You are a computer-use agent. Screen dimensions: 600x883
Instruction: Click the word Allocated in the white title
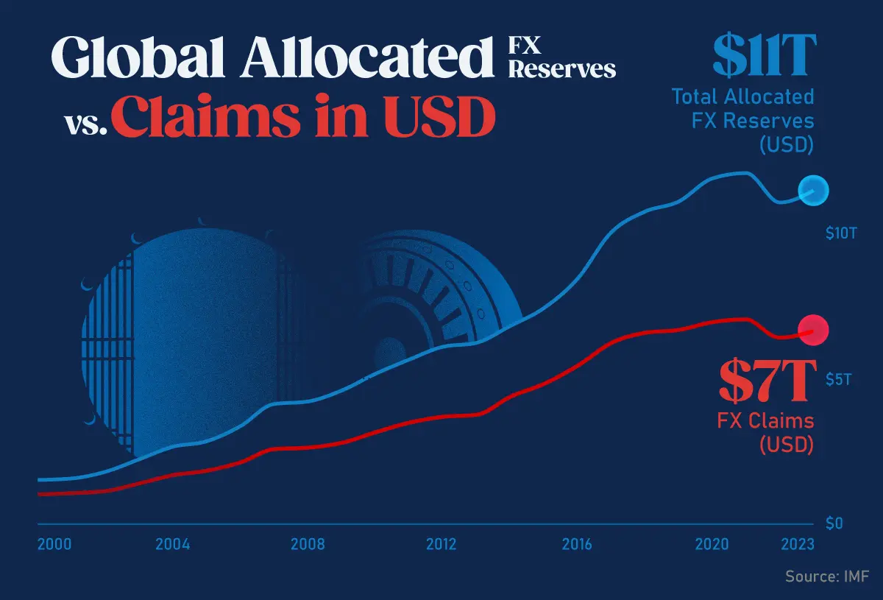pyautogui.click(x=365, y=57)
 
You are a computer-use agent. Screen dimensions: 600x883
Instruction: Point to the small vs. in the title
pyautogui.click(x=86, y=125)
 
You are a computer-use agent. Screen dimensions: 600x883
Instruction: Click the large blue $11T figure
pyautogui.click(x=764, y=56)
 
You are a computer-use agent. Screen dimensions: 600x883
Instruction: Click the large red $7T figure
pyautogui.click(x=767, y=378)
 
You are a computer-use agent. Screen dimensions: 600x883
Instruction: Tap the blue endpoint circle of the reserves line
pyautogui.click(x=813, y=191)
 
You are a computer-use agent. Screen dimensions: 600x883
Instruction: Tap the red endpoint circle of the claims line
pyautogui.click(x=813, y=330)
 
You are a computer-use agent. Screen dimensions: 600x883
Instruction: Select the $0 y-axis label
pyautogui.click(x=833, y=523)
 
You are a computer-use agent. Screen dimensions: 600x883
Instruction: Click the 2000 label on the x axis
pyautogui.click(x=54, y=545)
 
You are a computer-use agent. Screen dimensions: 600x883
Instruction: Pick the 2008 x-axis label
pyautogui.click(x=308, y=545)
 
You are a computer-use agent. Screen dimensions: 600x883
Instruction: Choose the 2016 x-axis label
pyautogui.click(x=577, y=545)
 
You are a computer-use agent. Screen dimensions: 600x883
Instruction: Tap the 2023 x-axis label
pyautogui.click(x=798, y=545)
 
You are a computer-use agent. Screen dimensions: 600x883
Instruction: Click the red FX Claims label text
pyautogui.click(x=765, y=421)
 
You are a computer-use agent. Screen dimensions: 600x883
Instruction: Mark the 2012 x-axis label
pyautogui.click(x=441, y=545)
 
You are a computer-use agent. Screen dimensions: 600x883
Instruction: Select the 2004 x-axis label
pyautogui.click(x=173, y=545)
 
